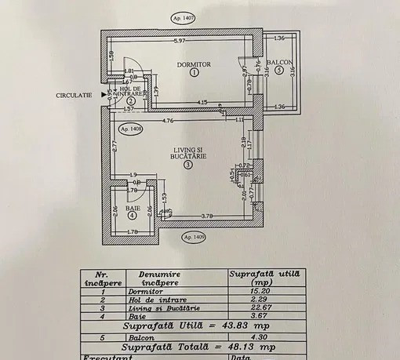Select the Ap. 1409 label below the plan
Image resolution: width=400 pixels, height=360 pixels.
[195, 235]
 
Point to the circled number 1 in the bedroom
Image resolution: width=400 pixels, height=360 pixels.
[195, 72]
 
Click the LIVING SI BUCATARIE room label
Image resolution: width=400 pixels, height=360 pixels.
[188, 155]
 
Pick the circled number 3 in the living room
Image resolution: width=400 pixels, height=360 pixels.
[188, 165]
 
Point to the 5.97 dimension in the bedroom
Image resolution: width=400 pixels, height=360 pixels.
[180, 41]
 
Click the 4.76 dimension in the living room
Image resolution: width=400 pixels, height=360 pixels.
[166, 122]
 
